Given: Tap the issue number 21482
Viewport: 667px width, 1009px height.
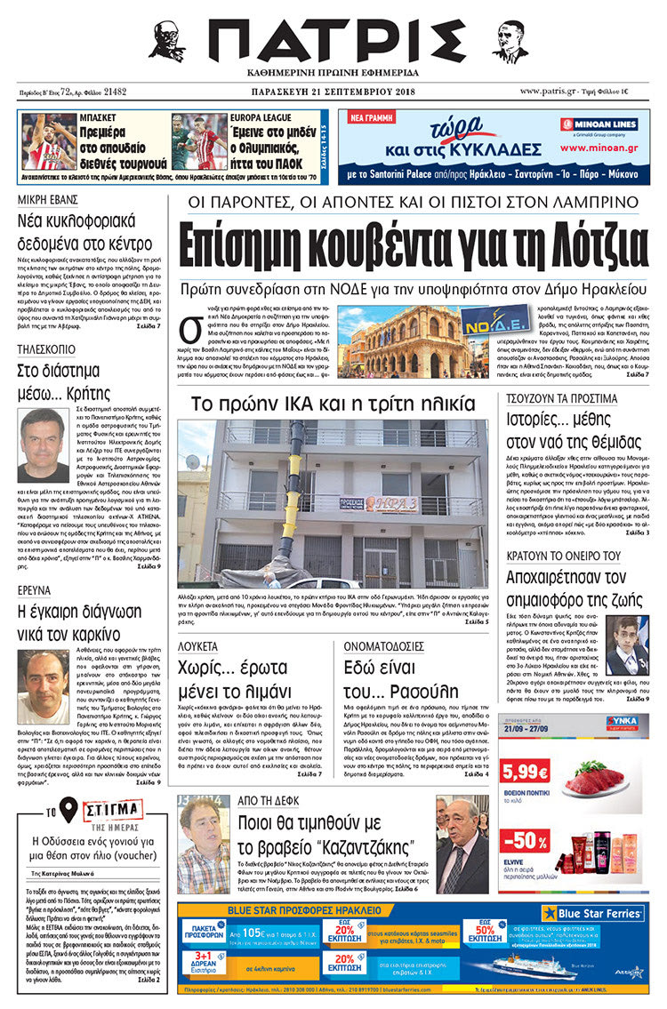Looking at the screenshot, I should point(115,92).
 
